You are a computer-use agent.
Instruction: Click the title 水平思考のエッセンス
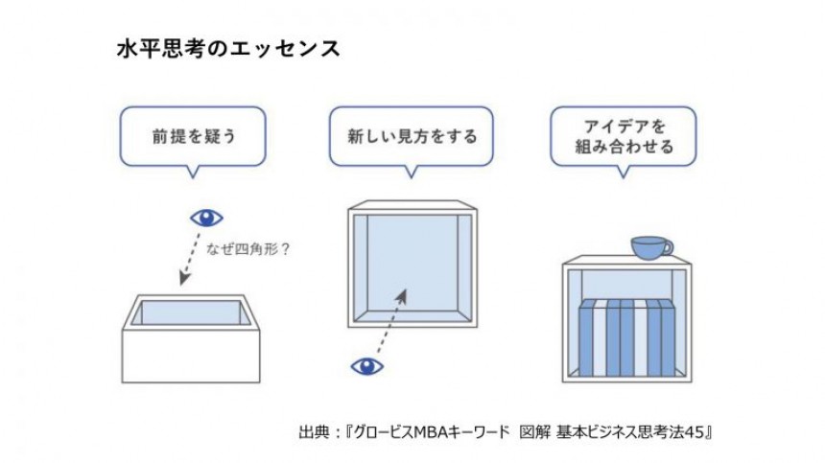point(227,49)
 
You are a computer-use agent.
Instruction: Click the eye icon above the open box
point(206,218)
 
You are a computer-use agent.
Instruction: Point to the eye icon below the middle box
point(367,365)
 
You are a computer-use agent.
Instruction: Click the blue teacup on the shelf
point(649,246)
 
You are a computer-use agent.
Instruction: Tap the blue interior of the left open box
point(191,313)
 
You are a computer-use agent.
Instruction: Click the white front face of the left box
point(191,355)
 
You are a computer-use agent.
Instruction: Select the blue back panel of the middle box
point(412,264)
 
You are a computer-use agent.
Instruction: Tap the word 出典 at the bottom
point(313,432)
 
